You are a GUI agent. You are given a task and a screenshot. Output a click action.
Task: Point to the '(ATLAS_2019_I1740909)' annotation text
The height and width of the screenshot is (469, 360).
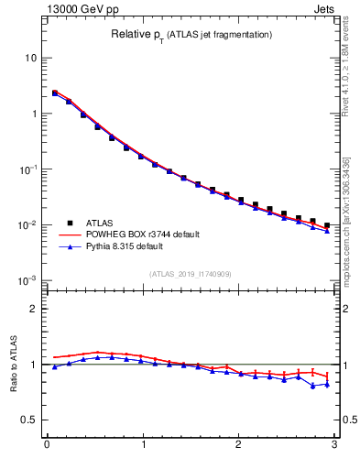[190, 273]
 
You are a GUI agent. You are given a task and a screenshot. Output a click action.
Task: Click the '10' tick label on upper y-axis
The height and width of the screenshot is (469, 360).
[31, 58]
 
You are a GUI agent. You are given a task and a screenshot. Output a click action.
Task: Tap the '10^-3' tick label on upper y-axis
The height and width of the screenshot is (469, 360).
[28, 279]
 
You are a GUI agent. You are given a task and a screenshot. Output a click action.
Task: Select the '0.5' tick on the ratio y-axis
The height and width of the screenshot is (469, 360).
[29, 420]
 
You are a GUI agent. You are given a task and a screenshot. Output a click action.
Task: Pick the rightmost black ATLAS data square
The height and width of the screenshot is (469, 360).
[327, 224]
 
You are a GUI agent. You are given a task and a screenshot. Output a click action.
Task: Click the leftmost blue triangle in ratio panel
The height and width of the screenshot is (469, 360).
[55, 366]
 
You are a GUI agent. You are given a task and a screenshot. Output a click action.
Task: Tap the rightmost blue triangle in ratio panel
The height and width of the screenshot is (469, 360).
[327, 384]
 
